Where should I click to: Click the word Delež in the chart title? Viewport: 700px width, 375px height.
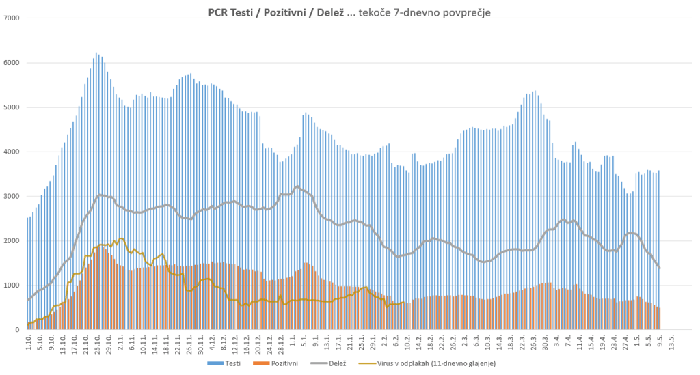[x=329, y=12]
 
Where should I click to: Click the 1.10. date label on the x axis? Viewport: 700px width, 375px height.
[x=29, y=343]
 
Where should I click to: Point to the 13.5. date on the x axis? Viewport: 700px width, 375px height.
[x=671, y=343]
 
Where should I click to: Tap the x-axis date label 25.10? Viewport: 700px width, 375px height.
[x=98, y=344]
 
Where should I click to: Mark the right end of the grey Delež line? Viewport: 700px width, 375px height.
[x=660, y=268]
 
